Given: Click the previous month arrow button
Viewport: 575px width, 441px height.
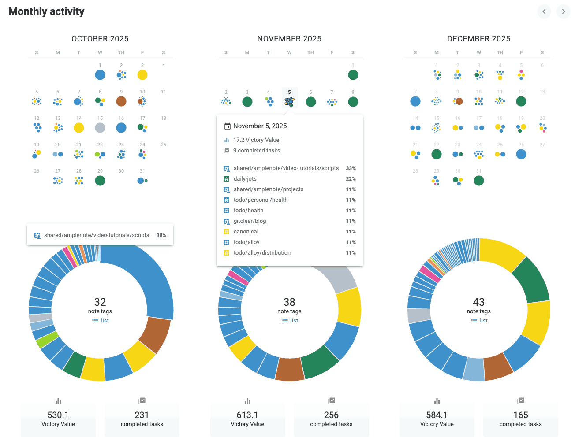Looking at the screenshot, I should pos(544,11).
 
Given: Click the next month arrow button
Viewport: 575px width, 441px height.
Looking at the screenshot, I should pos(564,11).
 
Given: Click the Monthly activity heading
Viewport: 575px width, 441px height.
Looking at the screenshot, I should pos(46,11).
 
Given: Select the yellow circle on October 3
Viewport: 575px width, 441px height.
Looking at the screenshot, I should pos(142,75).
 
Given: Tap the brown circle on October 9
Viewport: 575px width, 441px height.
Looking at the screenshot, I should pos(121,101).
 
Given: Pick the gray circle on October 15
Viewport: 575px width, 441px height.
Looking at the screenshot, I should pos(100,128).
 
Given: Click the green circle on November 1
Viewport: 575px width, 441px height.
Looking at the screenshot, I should pos(353,75).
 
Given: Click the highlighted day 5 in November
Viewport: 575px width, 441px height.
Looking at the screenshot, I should pos(289,98).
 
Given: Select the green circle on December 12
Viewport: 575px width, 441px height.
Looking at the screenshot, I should pos(521,101).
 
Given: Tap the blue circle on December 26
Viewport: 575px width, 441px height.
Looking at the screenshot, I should pos(521,154).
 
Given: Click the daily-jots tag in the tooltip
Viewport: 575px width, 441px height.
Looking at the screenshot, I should pos(245,179).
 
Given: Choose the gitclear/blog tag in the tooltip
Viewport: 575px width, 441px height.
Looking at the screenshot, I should pos(250,221).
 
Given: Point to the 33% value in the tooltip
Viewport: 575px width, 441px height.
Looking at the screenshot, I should pos(351,168).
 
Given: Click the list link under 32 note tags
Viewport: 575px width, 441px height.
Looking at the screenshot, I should pos(101,321).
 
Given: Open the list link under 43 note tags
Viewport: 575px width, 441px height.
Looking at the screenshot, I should pos(479,321).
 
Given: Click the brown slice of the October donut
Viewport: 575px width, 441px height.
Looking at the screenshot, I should pos(155,335).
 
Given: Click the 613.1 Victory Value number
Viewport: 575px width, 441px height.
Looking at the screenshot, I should pos(247,415).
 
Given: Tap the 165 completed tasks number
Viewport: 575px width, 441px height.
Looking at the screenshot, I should pos(521,415).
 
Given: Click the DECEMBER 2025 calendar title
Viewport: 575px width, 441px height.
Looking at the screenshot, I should pos(478,39).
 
